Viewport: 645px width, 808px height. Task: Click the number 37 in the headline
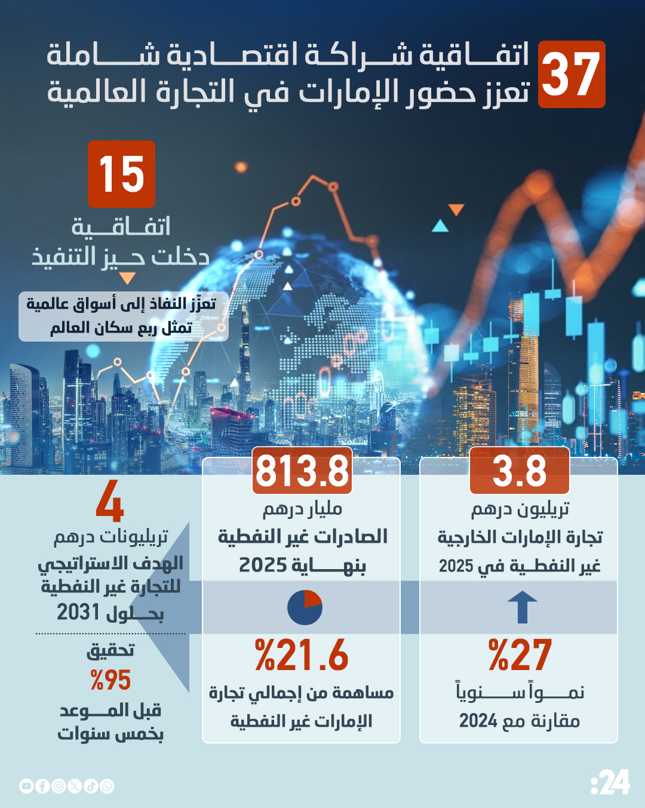click(571, 75)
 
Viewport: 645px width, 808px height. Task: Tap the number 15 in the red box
click(122, 174)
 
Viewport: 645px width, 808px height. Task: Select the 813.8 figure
click(302, 471)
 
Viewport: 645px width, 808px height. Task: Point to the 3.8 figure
click(519, 471)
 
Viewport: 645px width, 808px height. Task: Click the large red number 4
click(110, 502)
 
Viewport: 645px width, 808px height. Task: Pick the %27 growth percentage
click(520, 655)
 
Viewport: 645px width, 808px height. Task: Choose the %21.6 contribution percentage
click(302, 655)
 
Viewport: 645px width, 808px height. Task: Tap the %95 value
click(110, 680)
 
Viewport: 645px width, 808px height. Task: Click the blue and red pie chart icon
click(305, 608)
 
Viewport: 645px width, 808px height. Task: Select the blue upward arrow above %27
click(523, 607)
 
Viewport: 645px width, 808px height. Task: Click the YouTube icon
click(26, 786)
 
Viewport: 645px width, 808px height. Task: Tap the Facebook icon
click(42, 786)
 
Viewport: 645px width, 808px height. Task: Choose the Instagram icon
click(59, 786)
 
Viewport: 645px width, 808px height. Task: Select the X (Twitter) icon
click(75, 786)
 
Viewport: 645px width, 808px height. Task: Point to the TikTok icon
click(91, 786)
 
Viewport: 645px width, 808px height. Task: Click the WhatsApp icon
click(107, 786)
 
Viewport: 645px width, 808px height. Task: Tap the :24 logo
click(610, 782)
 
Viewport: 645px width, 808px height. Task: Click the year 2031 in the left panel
click(78, 612)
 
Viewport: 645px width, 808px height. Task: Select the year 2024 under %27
click(478, 721)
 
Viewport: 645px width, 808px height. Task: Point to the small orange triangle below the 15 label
click(127, 278)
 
